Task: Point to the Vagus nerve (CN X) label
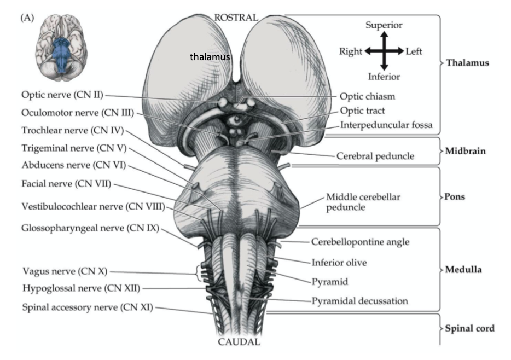[x=66, y=271]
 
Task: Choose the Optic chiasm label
[x=367, y=96]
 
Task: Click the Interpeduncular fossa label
[x=386, y=125]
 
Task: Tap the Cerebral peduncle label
[x=375, y=156]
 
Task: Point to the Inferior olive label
[x=339, y=262]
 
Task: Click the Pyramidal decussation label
[x=359, y=300]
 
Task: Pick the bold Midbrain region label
[x=464, y=150]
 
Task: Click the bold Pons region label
[x=455, y=196]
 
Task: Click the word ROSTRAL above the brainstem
[x=236, y=17]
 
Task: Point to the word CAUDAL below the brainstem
[x=236, y=342]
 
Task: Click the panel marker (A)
[x=27, y=18]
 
